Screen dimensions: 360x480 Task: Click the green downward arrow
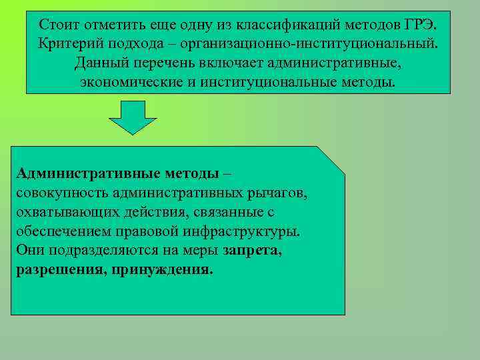[x=132, y=117]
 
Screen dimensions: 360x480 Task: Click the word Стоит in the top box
[x=58, y=25]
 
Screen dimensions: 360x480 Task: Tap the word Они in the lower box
[x=29, y=251]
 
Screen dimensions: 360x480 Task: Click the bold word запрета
[x=253, y=251]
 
